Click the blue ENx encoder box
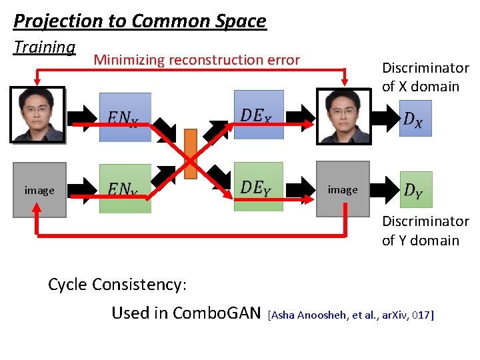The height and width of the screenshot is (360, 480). coord(125,117)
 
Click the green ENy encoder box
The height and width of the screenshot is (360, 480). coord(125,189)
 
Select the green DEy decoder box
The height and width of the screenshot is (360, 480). coord(259,187)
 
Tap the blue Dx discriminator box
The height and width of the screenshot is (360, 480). coord(415,118)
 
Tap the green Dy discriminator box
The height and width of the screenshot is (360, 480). coord(416,190)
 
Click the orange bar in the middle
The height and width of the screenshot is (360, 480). coord(190,153)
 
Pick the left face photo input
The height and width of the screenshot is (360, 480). coord(37,115)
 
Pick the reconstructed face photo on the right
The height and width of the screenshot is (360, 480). coord(343,115)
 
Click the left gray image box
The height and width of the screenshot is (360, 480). coord(39,190)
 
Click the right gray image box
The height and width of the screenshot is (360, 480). coord(343,189)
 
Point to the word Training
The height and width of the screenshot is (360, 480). coord(45,47)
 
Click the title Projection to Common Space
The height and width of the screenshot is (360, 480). coord(139,21)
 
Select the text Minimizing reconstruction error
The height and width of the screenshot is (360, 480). coord(197,60)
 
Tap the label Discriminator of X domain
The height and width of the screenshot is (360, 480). coord(421,77)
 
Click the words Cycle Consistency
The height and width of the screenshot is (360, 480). coord(117,285)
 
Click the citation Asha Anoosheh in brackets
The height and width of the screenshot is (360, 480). coord(351,315)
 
